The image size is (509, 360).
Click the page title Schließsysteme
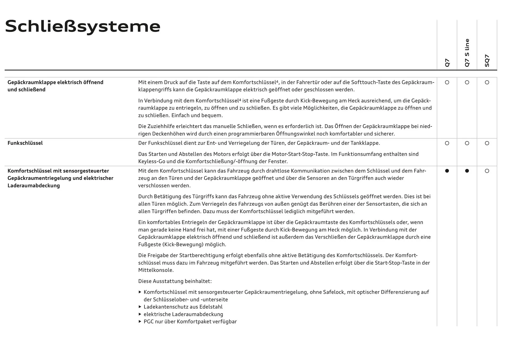(83, 27)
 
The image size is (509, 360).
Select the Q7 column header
(447, 63)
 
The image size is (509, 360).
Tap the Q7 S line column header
(467, 53)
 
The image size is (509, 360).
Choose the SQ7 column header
(487, 61)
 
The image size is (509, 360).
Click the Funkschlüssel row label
(25, 143)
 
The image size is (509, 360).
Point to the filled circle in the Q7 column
(447, 171)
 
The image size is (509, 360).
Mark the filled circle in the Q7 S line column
(467, 171)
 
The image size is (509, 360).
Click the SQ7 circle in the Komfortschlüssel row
(487, 171)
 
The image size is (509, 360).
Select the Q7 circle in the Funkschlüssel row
(447, 143)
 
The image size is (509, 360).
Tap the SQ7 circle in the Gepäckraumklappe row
(487, 82)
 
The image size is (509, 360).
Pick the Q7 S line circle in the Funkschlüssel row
(467, 143)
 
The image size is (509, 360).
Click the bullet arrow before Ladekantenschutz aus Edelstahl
(140, 307)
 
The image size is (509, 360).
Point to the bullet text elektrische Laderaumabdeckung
(183, 314)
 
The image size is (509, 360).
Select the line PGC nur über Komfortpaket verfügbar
(190, 322)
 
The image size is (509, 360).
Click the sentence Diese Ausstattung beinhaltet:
(175, 281)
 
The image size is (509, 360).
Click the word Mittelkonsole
(155, 270)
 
